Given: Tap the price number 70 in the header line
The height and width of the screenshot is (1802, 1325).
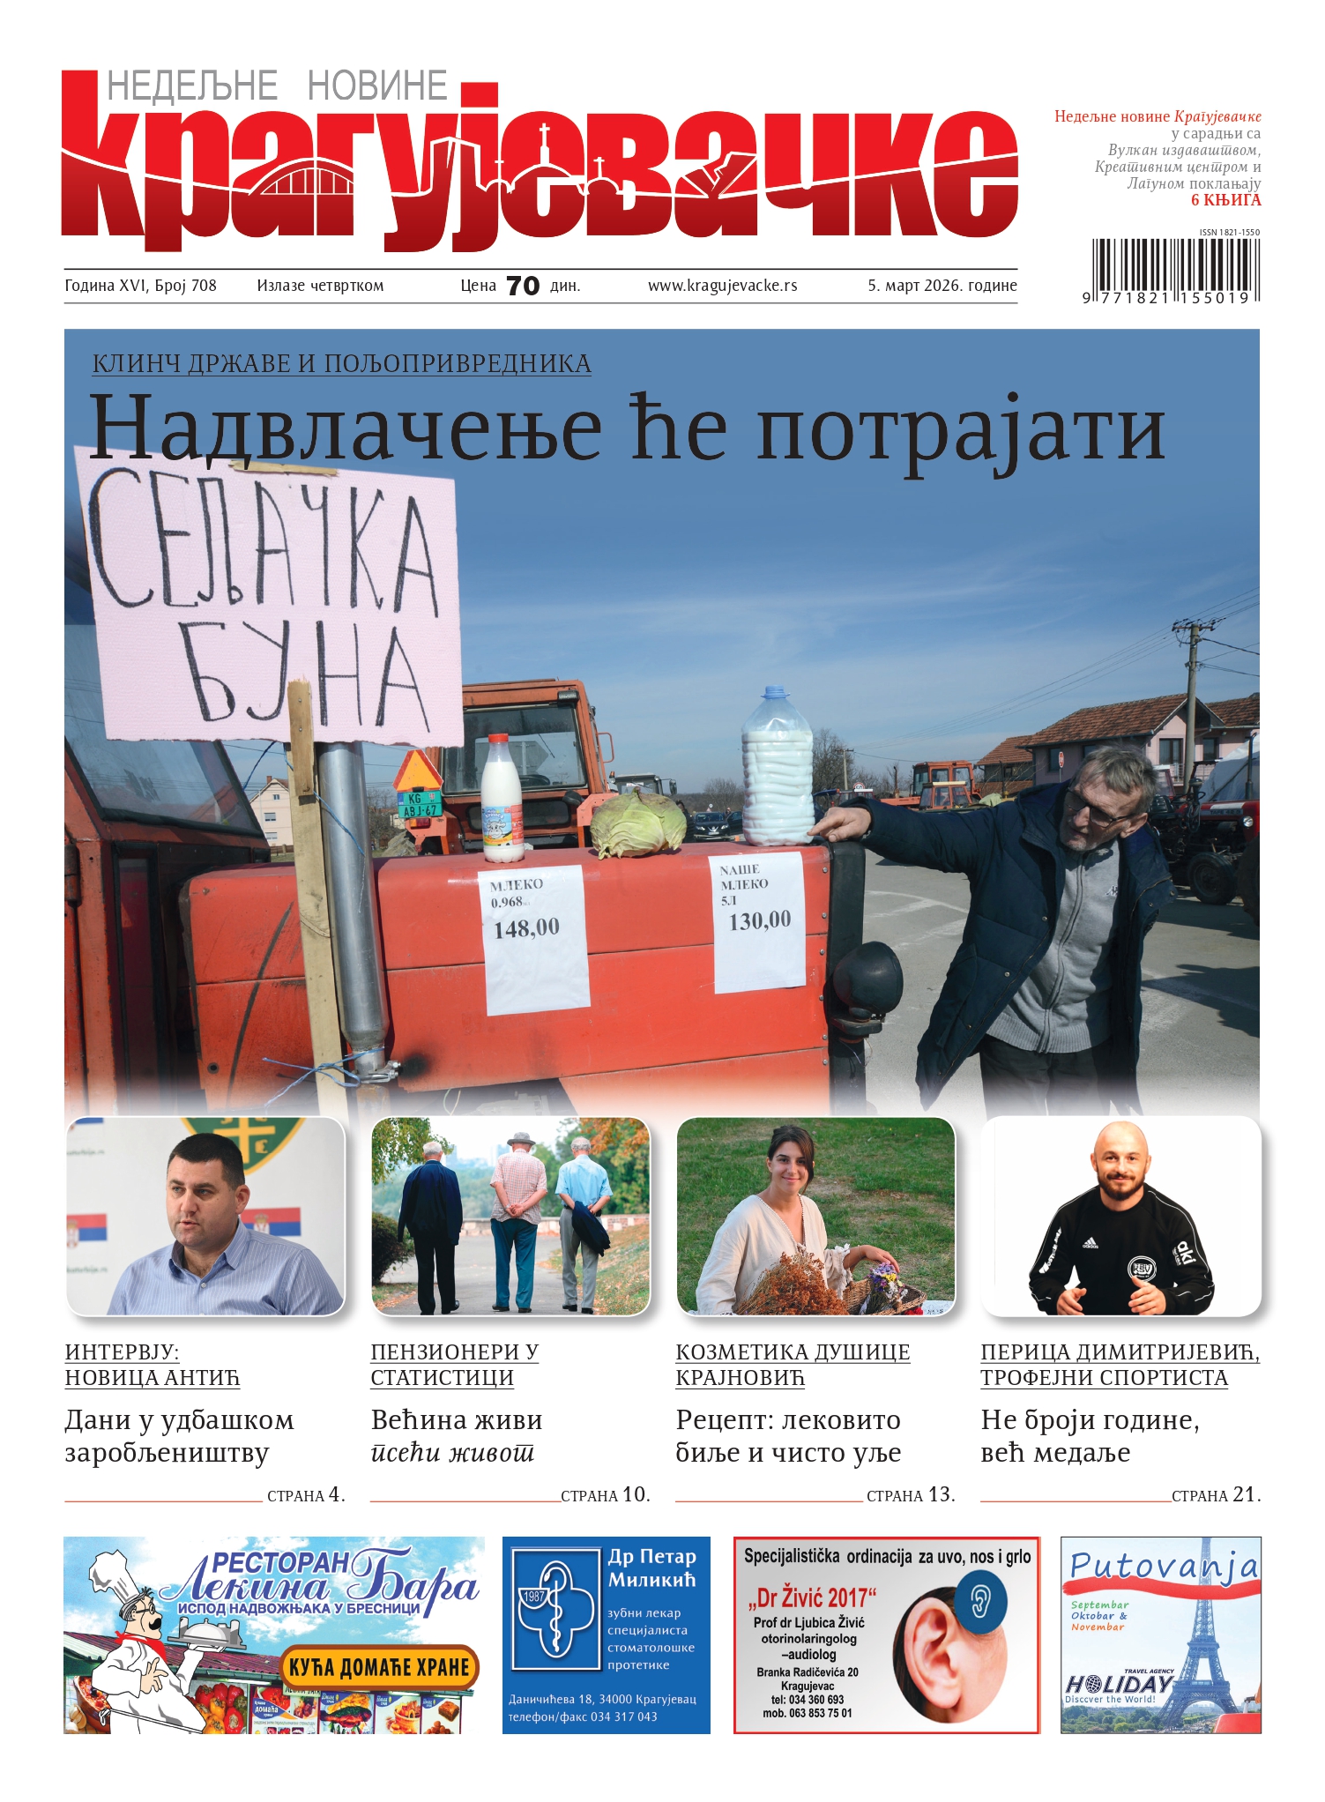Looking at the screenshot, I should tap(523, 286).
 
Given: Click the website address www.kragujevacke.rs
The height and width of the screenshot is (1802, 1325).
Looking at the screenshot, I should tap(722, 286).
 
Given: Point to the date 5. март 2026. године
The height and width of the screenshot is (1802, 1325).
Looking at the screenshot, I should tap(942, 286).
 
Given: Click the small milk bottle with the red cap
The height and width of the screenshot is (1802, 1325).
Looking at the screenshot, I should tap(502, 799).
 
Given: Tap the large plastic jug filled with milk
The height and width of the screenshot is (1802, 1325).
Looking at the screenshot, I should tap(777, 767).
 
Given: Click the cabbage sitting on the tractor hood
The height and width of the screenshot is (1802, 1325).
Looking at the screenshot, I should tap(637, 824).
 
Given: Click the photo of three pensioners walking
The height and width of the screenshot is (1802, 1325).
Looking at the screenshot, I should tap(510, 1217).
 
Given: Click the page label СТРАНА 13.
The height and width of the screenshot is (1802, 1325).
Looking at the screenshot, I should tap(910, 1495).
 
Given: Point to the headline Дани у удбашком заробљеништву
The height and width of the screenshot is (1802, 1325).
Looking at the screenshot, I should tap(179, 1436).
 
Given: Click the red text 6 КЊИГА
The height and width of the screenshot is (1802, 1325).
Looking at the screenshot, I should tap(1225, 200).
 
